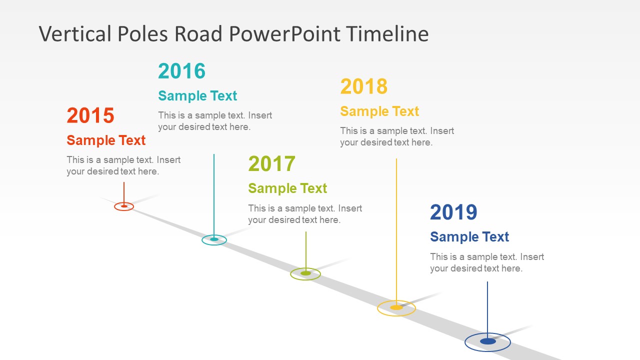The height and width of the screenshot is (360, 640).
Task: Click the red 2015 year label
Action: (90, 115)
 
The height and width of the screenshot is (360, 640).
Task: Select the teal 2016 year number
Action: (181, 71)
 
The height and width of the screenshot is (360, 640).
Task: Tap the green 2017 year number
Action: (271, 163)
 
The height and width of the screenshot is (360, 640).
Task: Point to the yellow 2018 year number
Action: (363, 86)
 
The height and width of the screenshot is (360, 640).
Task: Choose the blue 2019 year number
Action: (453, 212)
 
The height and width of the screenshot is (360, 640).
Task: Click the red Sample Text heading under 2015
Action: (106, 140)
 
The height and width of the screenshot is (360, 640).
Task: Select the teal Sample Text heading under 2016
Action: (197, 95)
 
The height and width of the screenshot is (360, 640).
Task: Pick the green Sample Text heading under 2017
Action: (287, 188)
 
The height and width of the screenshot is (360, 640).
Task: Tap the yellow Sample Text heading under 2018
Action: (379, 111)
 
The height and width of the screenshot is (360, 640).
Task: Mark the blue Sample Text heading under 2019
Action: (469, 237)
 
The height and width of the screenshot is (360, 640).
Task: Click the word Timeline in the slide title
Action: (387, 33)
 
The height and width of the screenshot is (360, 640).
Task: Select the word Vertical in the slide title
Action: (75, 33)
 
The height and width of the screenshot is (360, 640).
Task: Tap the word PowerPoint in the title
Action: (284, 33)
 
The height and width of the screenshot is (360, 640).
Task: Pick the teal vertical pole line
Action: (214, 196)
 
